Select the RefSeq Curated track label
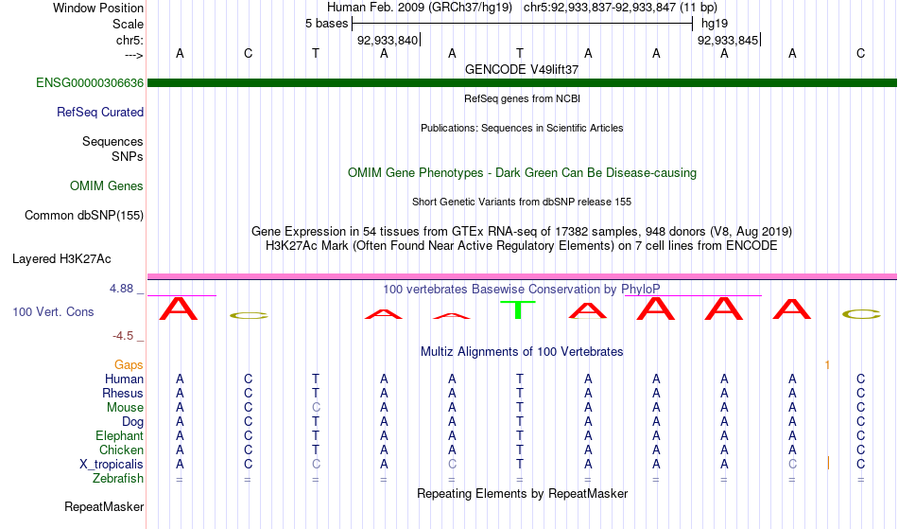tap(100, 113)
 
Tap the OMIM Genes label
tap(107, 186)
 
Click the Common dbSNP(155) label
tap(84, 216)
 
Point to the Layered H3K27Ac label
tap(61, 258)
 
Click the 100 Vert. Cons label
tap(53, 311)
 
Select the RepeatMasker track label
tap(104, 507)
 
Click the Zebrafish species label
tap(118, 479)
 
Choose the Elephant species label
tap(119, 436)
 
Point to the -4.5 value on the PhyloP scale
tap(124, 336)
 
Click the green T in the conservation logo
tap(519, 309)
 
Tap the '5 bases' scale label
tap(326, 24)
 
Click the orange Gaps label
tap(129, 364)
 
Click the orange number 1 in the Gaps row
tap(827, 364)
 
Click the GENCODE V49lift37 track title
tap(522, 70)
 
